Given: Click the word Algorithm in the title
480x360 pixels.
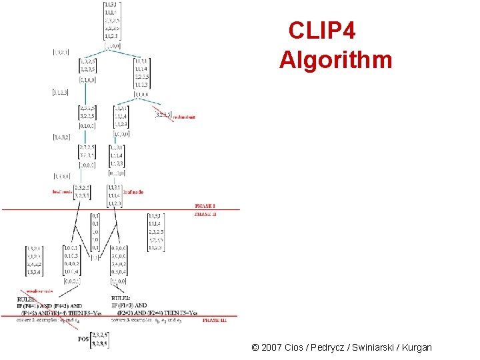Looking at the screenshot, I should (x=335, y=60).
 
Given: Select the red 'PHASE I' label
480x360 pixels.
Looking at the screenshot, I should (x=205, y=206).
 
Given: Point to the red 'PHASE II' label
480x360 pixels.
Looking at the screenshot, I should (x=205, y=215).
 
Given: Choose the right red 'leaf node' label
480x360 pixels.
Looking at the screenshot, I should (x=133, y=192).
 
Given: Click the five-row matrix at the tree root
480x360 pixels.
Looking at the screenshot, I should (x=112, y=21).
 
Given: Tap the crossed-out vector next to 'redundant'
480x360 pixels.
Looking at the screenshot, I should (x=163, y=114).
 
